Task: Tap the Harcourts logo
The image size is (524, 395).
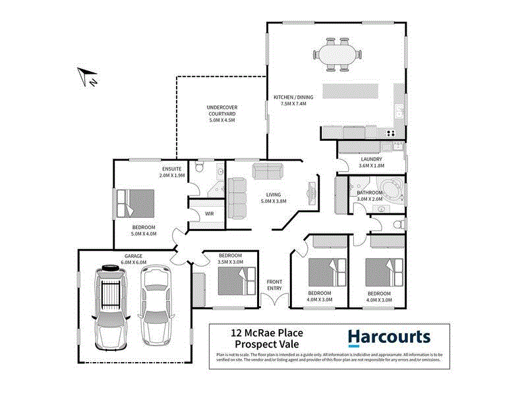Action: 389,338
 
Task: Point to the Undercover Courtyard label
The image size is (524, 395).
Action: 221,114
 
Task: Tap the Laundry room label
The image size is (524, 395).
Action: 371,159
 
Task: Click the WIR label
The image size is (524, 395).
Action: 209,214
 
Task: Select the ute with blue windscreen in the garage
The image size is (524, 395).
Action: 110,306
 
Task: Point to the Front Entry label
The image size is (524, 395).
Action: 275,285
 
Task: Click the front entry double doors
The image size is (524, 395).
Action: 275,300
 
